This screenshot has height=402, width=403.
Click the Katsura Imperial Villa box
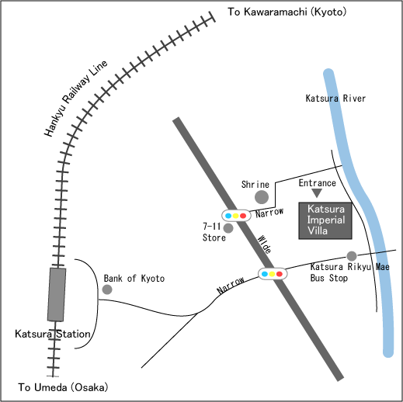pyautogui.click(x=325, y=220)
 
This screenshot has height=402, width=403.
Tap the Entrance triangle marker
pyautogui.click(x=317, y=192)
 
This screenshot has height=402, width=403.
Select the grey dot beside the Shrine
pyautogui.click(x=262, y=197)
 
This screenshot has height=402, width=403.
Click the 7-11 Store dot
pyautogui.click(x=228, y=228)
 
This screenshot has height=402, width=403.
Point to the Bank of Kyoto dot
pyautogui.click(x=107, y=289)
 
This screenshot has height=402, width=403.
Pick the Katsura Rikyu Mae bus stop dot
pyautogui.click(x=352, y=256)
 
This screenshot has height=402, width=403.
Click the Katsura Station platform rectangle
pyautogui.click(x=57, y=294)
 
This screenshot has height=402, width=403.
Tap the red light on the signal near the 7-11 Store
pyautogui.click(x=243, y=216)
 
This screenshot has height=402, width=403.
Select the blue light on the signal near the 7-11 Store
pyautogui.click(x=228, y=216)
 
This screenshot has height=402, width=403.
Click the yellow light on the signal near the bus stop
pyautogui.click(x=272, y=274)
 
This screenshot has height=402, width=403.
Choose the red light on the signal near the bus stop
pyautogui.click(x=280, y=274)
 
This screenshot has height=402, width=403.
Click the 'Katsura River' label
pyautogui.click(x=335, y=99)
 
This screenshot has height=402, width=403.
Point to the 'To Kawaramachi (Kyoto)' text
pyautogui.click(x=287, y=12)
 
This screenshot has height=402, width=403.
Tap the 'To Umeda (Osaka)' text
pyautogui.click(x=63, y=387)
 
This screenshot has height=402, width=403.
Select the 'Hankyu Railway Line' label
pyautogui.click(x=75, y=98)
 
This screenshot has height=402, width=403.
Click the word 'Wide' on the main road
pyautogui.click(x=265, y=244)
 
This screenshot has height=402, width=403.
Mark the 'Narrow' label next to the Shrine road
pyautogui.click(x=269, y=213)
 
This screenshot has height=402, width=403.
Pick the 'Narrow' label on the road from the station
pyautogui.click(x=231, y=285)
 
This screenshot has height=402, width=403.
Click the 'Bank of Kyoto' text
pyautogui.click(x=134, y=279)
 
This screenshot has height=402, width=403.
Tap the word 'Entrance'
pyautogui.click(x=318, y=183)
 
